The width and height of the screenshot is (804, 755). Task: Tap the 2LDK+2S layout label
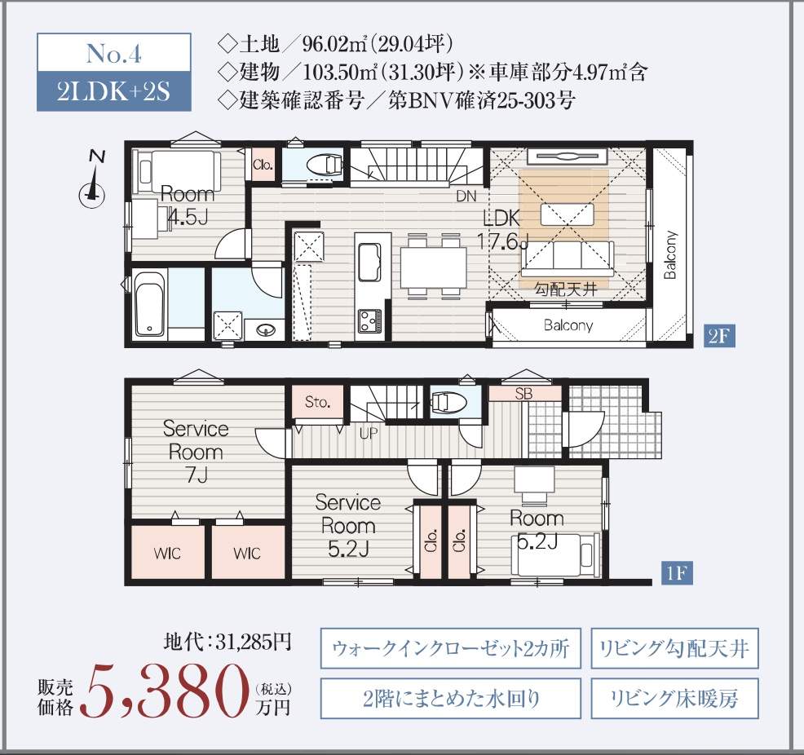113,91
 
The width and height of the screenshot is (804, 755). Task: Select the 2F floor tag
720,336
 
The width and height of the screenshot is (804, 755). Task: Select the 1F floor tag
676,573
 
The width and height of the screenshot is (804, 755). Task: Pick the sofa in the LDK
568,259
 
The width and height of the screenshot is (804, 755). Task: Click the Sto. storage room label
317,401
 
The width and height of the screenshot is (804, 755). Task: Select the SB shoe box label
523,393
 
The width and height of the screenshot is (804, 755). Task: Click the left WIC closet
167,553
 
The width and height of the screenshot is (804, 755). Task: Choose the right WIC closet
247,553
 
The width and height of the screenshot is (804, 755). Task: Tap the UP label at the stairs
368,434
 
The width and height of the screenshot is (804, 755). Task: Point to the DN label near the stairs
466,196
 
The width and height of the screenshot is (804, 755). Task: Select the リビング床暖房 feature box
674,698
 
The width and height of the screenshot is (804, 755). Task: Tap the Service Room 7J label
196,451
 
